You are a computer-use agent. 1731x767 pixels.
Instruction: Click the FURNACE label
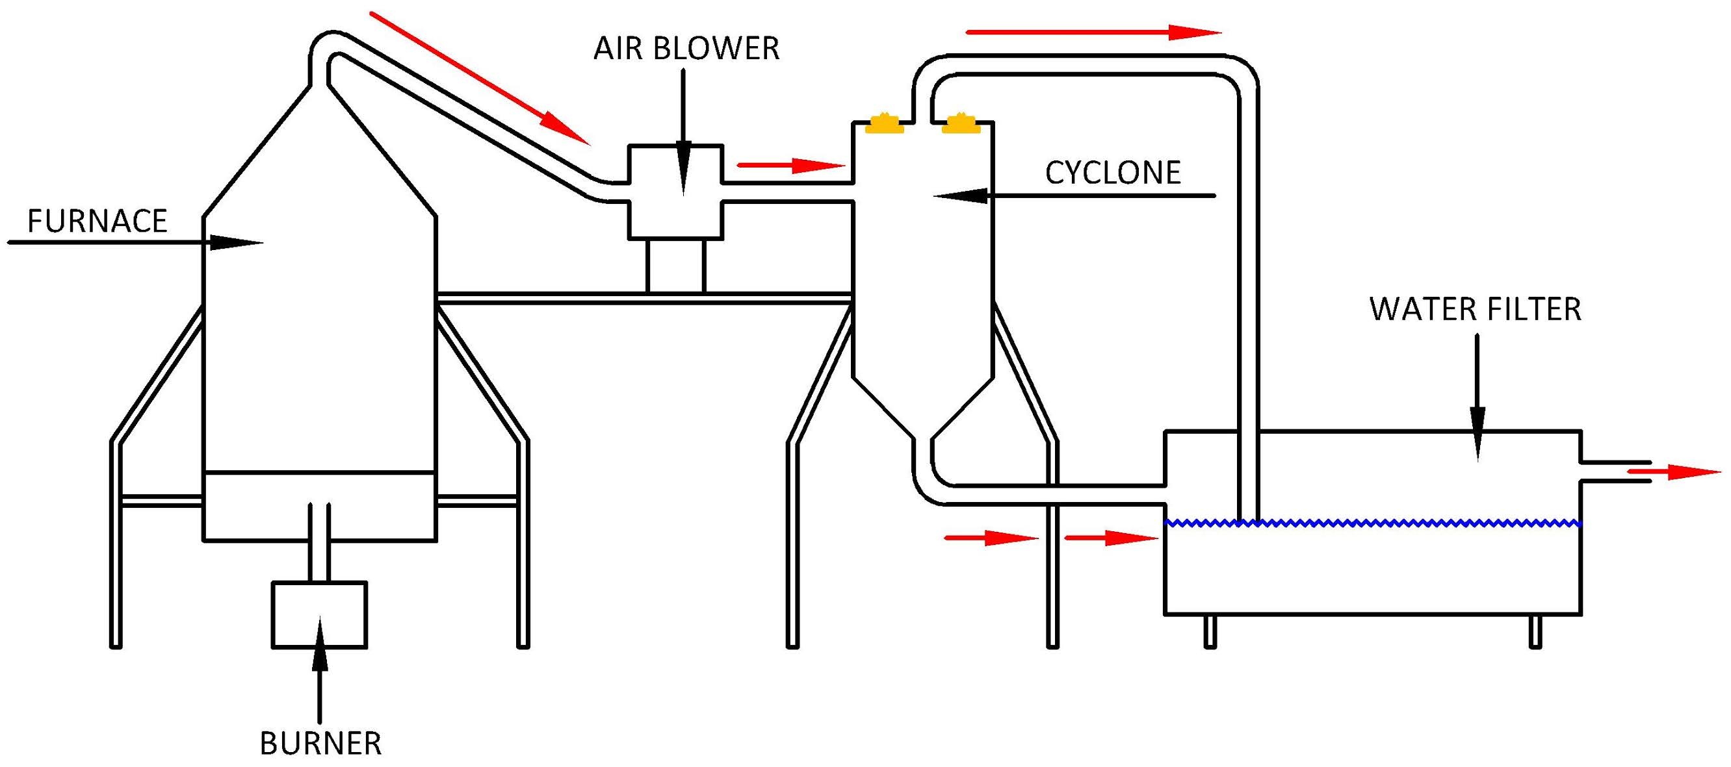(x=97, y=221)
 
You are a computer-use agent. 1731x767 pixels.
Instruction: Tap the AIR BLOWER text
(x=686, y=49)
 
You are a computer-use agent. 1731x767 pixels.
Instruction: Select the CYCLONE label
(x=1113, y=173)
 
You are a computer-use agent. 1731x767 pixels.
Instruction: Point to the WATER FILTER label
(x=1476, y=310)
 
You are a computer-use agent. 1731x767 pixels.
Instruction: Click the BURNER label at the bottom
(x=320, y=744)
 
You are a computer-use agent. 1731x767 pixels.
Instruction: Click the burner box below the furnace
(x=319, y=614)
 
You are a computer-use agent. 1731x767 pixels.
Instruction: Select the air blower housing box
(x=675, y=192)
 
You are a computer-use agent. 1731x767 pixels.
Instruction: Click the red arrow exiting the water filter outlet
(x=1673, y=472)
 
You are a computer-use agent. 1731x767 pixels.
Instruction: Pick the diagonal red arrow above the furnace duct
(x=480, y=78)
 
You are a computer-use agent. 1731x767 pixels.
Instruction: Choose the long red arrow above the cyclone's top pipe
(x=1093, y=32)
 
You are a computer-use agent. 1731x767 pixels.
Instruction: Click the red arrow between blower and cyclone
(x=791, y=164)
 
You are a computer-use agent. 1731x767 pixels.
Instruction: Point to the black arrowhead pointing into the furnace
(x=236, y=242)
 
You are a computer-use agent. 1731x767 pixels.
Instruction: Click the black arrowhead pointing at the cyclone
(x=961, y=195)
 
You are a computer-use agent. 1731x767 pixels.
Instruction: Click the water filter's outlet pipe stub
(x=1614, y=472)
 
